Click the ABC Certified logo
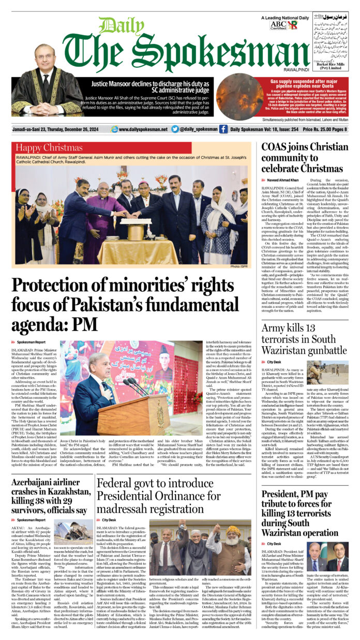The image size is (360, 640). [278, 24]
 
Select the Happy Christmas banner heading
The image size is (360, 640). [49, 148]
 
